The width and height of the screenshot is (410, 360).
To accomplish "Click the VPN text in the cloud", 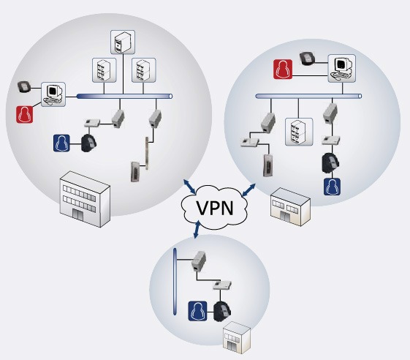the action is pos(215,208).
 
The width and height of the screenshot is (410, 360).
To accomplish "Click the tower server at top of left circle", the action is pos(123,42).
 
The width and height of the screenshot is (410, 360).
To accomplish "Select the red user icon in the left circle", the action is pos(25,114).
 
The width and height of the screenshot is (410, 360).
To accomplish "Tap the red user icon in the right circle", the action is pos(283,69).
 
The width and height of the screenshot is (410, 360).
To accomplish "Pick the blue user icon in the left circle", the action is pos(61,143).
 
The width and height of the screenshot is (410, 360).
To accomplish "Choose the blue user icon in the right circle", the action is pos(332,187).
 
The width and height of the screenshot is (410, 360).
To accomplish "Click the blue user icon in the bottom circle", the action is pos(197,311).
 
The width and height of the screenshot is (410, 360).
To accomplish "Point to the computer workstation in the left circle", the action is pos(53,94).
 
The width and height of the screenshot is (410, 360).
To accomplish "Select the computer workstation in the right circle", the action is pos(342,68).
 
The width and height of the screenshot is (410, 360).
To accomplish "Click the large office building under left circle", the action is pos(85,199).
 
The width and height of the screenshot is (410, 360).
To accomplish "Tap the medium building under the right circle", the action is pos(290,207).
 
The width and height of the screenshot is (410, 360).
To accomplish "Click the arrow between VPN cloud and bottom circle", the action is pos(197,230).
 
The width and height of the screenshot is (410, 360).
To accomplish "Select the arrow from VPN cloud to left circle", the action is pos(189,187).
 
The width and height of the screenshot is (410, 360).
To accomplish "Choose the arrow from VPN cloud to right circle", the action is pos(248,190).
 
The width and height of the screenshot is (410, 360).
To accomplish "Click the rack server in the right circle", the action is pos(299,132).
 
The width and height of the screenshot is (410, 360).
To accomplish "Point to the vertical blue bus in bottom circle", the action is pos(175,282).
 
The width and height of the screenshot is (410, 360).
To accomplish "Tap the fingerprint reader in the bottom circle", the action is pos(222,311).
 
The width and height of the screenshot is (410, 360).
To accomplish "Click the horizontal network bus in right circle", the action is pos(308,97).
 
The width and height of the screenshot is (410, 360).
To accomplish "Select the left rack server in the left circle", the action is pos(104,70).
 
